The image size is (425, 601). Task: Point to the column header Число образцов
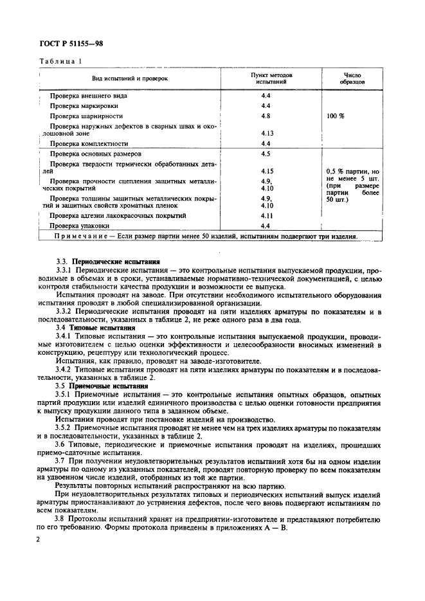point(353,78)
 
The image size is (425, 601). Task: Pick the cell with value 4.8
point(266,115)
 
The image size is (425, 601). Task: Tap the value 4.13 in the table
point(267,134)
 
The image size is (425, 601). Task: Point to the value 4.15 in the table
point(267,172)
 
